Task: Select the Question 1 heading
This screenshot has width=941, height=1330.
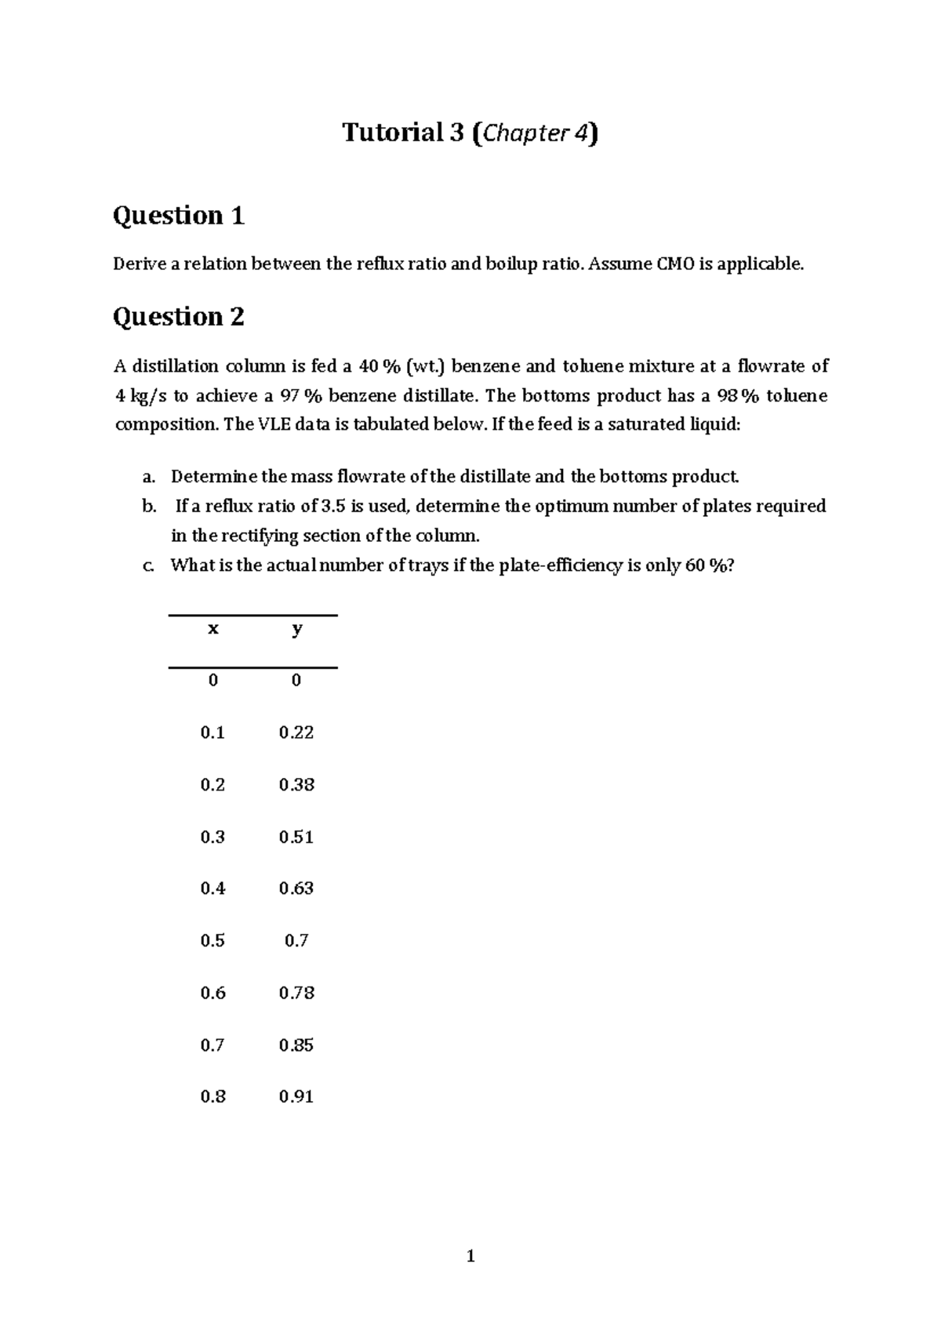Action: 179,215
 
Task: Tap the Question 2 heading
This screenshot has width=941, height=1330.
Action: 179,316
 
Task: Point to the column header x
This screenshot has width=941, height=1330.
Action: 213,628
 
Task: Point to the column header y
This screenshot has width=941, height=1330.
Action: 296,628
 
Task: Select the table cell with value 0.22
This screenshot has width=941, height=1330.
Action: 296,732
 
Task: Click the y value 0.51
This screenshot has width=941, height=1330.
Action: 296,837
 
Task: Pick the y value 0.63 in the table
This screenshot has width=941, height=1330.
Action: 296,888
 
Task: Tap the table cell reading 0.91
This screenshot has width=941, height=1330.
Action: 296,1096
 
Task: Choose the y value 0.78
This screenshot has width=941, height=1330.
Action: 296,993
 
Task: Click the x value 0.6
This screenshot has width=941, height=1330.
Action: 213,993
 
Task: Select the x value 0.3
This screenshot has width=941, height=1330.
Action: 213,837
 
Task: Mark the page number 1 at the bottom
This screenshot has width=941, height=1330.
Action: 470,1256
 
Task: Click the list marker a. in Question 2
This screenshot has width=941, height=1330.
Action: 148,477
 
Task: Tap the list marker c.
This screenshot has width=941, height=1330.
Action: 148,565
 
